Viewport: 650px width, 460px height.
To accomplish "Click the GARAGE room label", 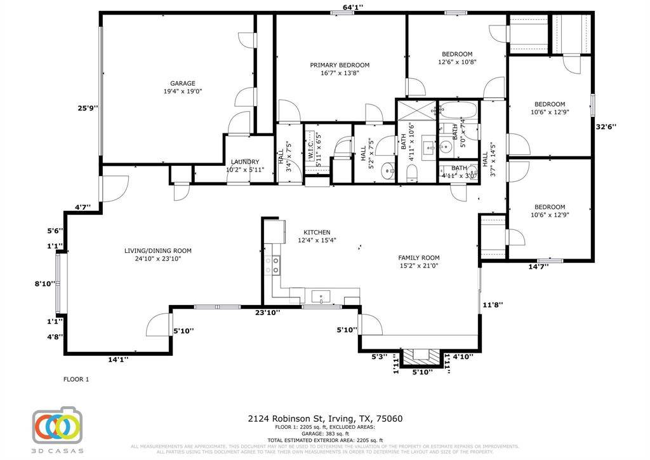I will point(182,83).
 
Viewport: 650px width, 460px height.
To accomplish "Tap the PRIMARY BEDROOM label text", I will point(340,65).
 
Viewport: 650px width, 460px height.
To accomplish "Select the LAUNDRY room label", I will point(244,162).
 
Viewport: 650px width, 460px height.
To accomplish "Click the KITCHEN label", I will point(316,232).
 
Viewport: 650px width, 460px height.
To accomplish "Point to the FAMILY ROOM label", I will point(418,257).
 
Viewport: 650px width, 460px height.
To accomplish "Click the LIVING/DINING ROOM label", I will point(158,250).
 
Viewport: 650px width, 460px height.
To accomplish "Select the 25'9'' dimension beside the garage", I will point(88,108).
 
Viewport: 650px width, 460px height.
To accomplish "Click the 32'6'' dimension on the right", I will point(606,126).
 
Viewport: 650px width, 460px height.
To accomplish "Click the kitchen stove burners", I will point(276,266).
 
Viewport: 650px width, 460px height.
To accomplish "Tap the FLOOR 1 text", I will point(76,379).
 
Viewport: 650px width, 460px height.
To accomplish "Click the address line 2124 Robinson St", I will point(324,419).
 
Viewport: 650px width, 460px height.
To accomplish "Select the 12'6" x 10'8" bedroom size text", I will point(457,62).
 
